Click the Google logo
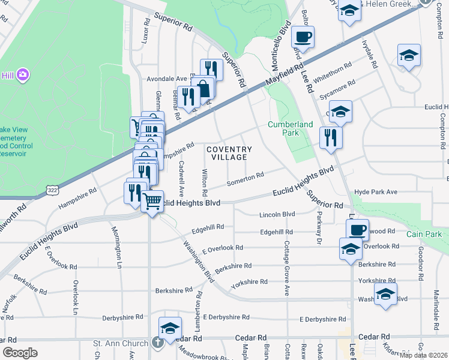pyautogui.click(x=20, y=353)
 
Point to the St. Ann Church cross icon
pyautogui.click(x=157, y=343)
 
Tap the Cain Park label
pyautogui.click(x=423, y=233)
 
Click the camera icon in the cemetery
pyautogui.click(x=23, y=74)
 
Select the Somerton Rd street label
pyautogui.click(x=245, y=177)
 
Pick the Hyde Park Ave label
pyautogui.click(x=376, y=191)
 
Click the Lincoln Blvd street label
pyautogui.click(x=277, y=214)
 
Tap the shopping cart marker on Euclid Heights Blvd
pyautogui.click(x=153, y=200)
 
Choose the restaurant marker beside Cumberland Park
pyautogui.click(x=330, y=137)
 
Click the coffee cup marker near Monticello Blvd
pyautogui.click(x=303, y=37)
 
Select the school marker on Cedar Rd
pyautogui.click(x=170, y=328)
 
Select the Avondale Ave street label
pyautogui.click(x=167, y=79)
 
